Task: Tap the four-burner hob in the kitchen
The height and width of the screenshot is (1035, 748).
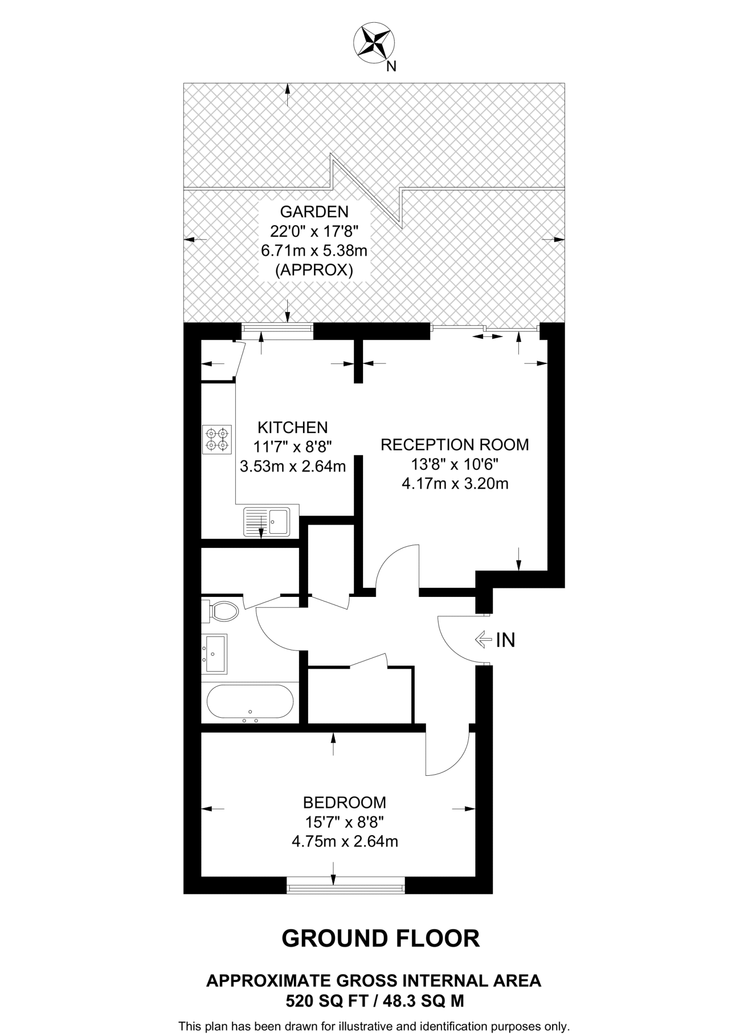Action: point(217,439)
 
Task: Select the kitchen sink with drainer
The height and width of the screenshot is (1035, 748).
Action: point(267,521)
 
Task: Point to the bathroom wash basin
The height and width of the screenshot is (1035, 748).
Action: point(215,653)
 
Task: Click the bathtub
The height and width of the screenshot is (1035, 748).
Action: point(250,701)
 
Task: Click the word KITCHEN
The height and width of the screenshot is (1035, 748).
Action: point(292,428)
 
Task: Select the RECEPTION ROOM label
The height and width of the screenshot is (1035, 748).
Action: point(454,445)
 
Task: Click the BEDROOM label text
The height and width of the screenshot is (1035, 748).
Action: point(344,802)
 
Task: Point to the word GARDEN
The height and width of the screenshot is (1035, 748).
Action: point(314,211)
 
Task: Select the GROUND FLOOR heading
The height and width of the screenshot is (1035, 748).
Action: point(380,938)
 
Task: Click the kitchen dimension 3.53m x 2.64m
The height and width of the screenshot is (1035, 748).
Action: point(292,466)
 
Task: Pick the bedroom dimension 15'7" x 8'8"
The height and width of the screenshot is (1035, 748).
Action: point(344,822)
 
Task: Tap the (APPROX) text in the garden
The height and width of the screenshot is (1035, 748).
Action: point(314,270)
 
